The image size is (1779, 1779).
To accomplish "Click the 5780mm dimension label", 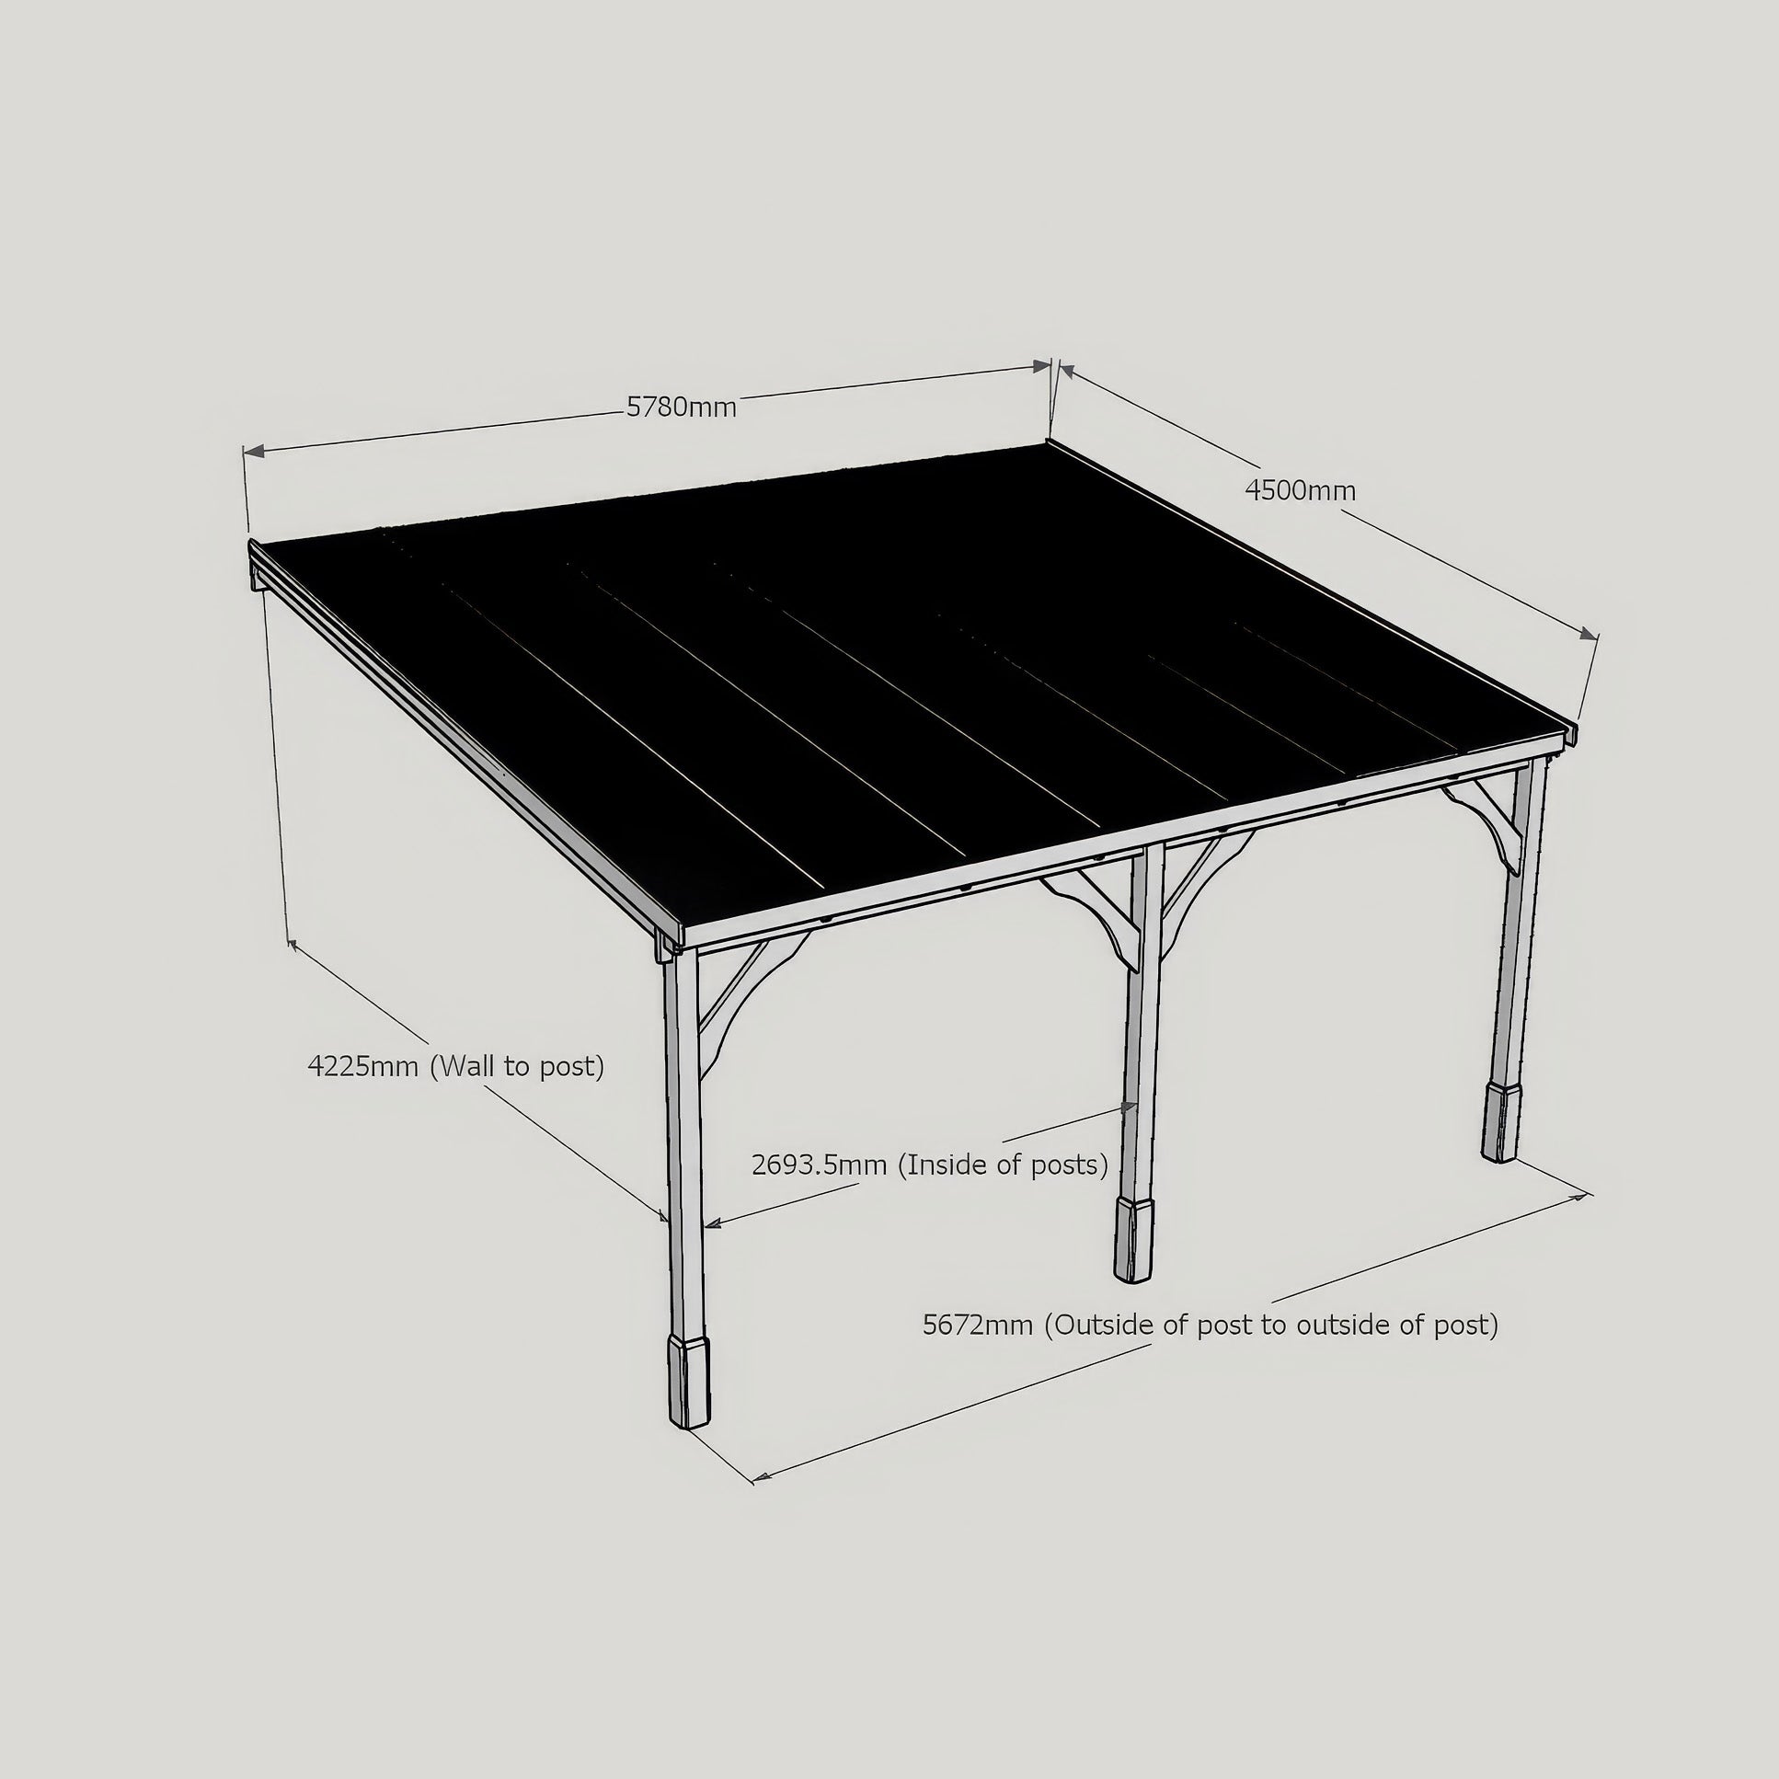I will (682, 407).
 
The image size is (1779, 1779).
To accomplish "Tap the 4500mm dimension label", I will (1300, 491).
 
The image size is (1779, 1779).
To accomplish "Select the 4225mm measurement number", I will (362, 1066).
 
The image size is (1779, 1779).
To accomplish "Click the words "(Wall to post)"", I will (518, 1066).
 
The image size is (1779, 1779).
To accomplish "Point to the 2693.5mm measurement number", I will (819, 1165).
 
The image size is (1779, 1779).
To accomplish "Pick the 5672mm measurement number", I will (978, 1324).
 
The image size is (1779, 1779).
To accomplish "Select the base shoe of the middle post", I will (1134, 1239).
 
